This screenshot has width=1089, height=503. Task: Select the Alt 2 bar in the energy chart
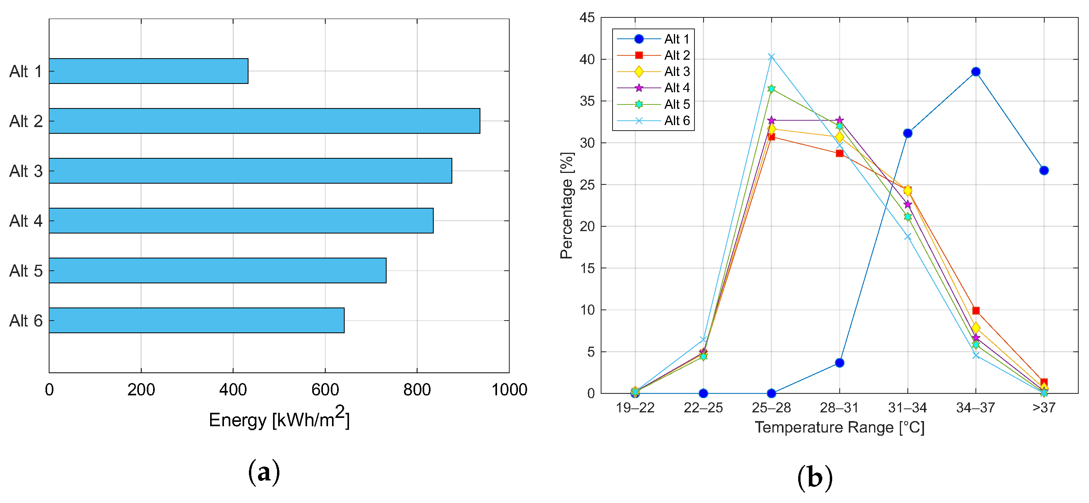(x=264, y=121)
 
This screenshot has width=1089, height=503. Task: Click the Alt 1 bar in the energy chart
(x=148, y=71)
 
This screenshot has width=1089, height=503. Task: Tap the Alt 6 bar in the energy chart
(x=197, y=321)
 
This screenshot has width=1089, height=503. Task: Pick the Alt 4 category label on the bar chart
(x=26, y=221)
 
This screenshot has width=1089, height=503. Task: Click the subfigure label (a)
(x=264, y=472)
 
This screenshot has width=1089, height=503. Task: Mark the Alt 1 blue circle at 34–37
(x=976, y=72)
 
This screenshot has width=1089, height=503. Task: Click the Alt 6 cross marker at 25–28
(x=772, y=57)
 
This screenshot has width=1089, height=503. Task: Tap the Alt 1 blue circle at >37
(x=1044, y=170)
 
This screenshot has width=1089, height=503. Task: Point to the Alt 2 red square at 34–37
(x=976, y=311)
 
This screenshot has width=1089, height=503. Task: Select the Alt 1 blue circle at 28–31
(x=840, y=363)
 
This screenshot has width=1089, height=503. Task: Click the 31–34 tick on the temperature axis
(x=907, y=408)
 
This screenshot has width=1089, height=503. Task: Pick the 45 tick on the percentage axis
(x=587, y=18)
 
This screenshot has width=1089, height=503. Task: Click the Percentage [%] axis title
(x=567, y=205)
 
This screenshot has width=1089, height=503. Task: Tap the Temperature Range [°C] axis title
(x=840, y=427)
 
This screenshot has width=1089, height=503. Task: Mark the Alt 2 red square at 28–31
(x=840, y=154)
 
